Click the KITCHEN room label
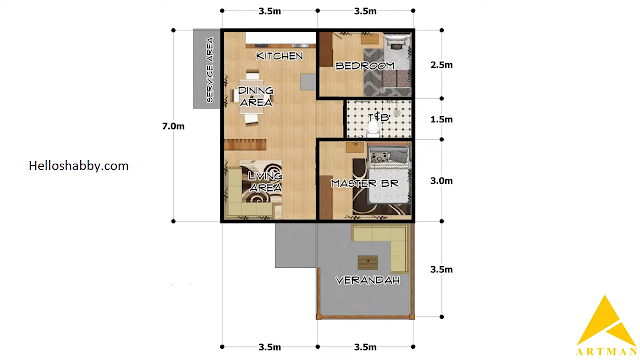pos(280,56)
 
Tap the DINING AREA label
pos(256,96)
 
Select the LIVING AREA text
pos(265,182)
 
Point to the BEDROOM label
pos(365,65)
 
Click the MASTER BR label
pos(364,184)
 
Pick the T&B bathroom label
pos(378,118)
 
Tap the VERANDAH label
pos(367,280)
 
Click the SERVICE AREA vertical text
pos(210,70)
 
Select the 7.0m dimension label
pos(173,126)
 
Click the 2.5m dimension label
pos(441,65)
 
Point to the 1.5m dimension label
pos(441,119)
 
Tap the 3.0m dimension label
pos(441,180)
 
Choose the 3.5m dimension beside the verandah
pos(441,269)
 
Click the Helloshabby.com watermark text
pos(79,166)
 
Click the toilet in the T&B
pos(373,128)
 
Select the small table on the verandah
pos(368,262)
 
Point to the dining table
pos(252,98)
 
